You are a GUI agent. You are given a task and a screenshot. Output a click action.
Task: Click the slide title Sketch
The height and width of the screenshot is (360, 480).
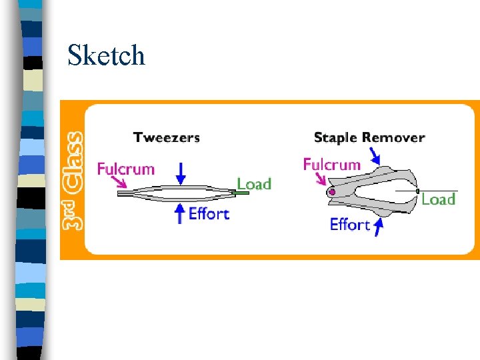coord(106,55)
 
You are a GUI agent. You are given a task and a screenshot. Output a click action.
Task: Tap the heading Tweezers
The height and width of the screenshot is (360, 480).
coord(166,138)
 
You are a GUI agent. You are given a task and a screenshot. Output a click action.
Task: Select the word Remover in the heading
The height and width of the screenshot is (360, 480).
coord(394,138)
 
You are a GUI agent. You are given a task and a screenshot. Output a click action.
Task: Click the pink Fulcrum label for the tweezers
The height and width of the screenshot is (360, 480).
coord(125,169)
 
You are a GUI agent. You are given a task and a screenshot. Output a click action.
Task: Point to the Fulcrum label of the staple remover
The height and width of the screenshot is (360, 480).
coord(331,164)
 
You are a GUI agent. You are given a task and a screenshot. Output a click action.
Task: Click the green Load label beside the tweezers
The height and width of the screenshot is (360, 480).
coord(254,184)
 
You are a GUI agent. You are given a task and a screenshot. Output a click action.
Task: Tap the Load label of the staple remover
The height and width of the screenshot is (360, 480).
coord(438,199)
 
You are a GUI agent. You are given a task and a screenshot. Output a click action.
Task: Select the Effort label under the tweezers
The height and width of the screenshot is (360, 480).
coord(209,214)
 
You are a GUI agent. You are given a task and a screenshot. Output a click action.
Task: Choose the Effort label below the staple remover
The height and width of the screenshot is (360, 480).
coord(349,225)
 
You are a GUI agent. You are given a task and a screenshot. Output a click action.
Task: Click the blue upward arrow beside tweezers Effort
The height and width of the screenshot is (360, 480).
coord(179,213)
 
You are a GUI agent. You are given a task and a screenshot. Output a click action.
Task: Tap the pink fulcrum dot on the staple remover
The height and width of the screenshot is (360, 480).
coord(332,193)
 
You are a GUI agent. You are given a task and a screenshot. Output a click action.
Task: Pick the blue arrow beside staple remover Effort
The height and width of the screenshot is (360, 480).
coord(379,227)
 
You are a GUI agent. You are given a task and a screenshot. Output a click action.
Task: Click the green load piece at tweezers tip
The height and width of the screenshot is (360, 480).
coord(242,193)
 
